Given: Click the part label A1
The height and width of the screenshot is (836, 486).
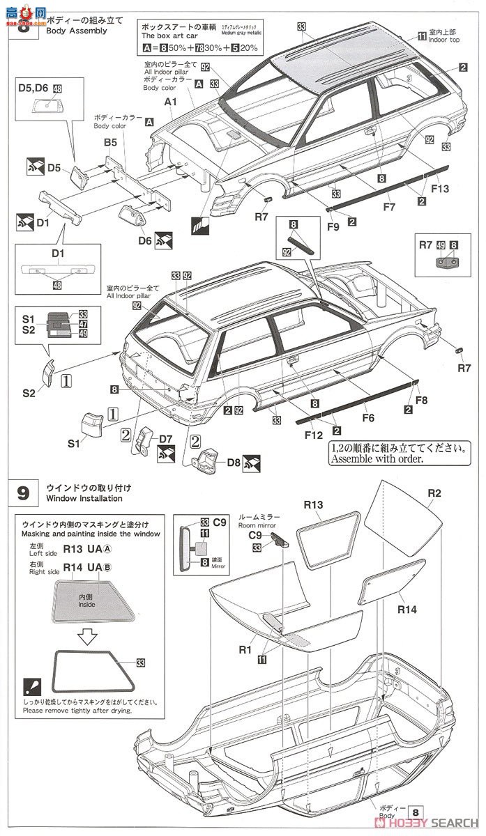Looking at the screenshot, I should (x=168, y=101).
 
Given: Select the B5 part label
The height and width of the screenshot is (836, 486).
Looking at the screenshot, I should (x=110, y=141).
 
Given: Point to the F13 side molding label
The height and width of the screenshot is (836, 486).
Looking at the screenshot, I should (x=440, y=188).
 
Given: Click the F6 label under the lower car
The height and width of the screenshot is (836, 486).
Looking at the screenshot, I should (x=368, y=418).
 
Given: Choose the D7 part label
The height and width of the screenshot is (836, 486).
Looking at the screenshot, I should (x=165, y=439).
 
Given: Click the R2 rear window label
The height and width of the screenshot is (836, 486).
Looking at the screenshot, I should (x=434, y=493).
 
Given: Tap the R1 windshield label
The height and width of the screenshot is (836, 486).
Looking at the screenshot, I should (x=245, y=650).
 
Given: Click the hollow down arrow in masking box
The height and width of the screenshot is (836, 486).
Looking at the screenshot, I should (x=88, y=635).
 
